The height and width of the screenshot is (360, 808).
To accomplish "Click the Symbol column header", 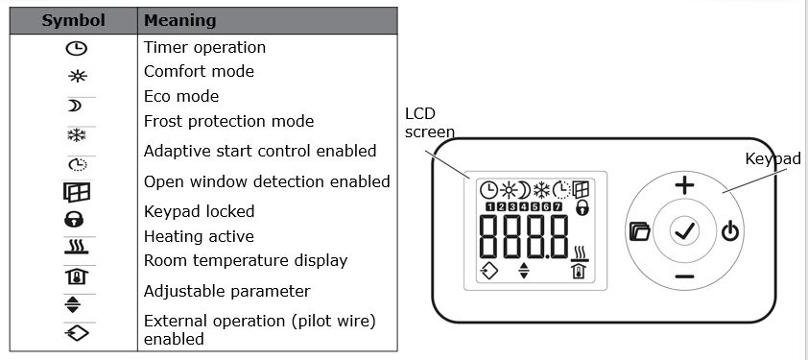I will point(72,20).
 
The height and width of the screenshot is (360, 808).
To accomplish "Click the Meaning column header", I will point(180,20).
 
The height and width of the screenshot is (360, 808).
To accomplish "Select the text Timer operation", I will point(204,47).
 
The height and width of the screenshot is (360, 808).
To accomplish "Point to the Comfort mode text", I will point(199,71).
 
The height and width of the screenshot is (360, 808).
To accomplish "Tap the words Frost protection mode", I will point(228,121).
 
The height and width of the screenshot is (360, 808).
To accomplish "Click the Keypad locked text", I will point(200,211).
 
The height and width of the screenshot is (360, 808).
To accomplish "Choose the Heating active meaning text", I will point(199,236).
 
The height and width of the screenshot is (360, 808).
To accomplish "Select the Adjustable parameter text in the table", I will point(214,291).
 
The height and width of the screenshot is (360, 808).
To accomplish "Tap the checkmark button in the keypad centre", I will point(684,230).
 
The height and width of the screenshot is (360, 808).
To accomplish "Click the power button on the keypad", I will point(731,230).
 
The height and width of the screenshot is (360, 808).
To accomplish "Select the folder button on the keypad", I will point(639,230).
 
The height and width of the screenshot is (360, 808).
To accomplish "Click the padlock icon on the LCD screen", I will point(582,207).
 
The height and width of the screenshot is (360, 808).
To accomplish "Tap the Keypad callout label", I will point(772,158).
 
